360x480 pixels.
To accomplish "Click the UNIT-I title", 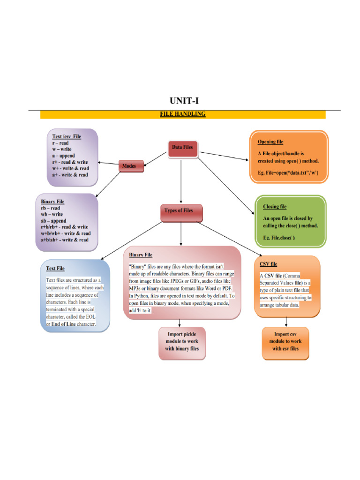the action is point(184,100).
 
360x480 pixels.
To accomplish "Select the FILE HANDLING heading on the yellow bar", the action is point(182,114).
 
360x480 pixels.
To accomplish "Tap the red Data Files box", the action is point(183,149).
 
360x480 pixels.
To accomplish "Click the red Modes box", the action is point(131,166).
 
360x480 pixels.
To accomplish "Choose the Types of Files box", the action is point(181,213).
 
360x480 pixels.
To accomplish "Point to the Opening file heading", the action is point(270,142).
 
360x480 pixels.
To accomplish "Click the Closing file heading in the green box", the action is point(275,207).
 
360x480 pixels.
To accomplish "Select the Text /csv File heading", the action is point(67,136).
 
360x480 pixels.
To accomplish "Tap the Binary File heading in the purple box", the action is point(52,202).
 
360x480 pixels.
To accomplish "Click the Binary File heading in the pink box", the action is point(141,255).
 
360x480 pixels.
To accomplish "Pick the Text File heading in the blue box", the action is point(55,269).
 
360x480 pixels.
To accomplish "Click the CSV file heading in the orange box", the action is point(268,264).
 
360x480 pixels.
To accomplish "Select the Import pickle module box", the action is point(182,343).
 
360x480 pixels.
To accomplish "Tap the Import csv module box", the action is point(285,343).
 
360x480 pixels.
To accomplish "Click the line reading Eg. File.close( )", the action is point(279,238).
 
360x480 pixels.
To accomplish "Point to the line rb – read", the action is point(51,208).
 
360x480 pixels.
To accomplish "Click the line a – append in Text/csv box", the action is point(63,156).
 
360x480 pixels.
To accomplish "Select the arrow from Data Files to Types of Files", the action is point(181,181).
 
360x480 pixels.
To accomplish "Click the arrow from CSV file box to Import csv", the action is point(286,322).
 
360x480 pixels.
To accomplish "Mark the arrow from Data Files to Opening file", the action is point(224,156).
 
